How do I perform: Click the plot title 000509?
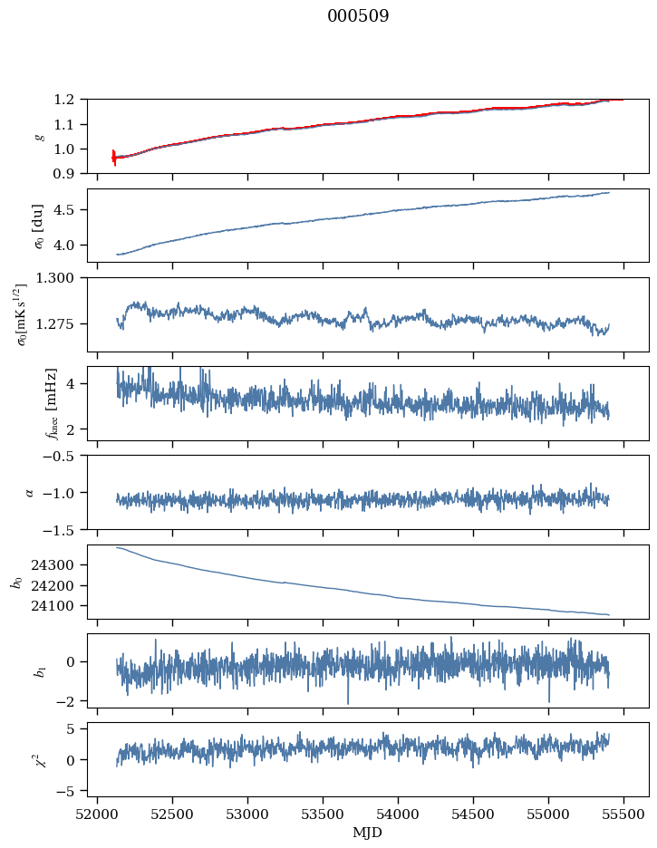pyautogui.click(x=358, y=16)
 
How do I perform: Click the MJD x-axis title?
pyautogui.click(x=368, y=833)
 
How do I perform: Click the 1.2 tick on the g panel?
pyautogui.click(x=69, y=99)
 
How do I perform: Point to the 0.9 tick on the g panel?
pyautogui.click(x=69, y=173)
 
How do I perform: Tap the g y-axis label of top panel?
pyautogui.click(x=38, y=136)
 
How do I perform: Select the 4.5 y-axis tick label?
pyautogui.click(x=69, y=210)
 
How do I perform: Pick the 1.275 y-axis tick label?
pyautogui.click(x=62, y=323)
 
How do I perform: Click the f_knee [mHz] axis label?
pyautogui.click(x=51, y=403)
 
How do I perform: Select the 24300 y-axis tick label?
pyautogui.click(x=59, y=564)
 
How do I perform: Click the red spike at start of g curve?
pyautogui.click(x=114, y=157)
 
